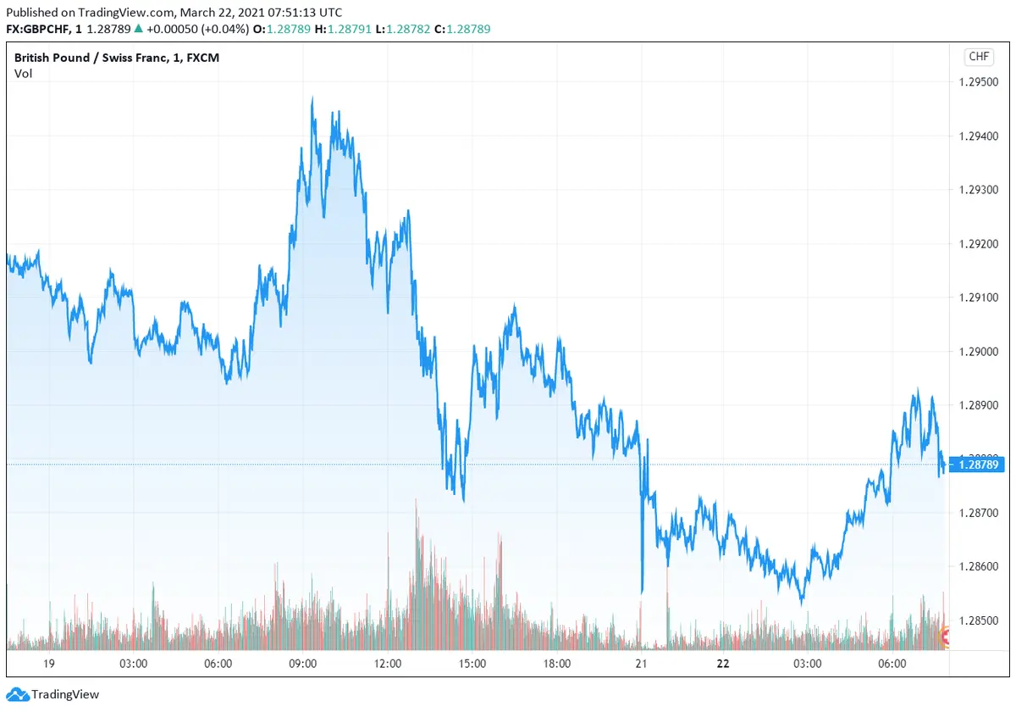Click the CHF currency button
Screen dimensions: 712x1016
pyautogui.click(x=978, y=57)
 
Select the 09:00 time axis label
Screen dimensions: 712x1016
pyautogui.click(x=303, y=664)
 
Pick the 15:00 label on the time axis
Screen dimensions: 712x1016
pyautogui.click(x=472, y=664)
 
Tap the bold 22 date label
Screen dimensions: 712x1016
pyautogui.click(x=722, y=664)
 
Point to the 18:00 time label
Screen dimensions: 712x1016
pyautogui.click(x=556, y=664)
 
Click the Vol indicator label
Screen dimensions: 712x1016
pyautogui.click(x=23, y=74)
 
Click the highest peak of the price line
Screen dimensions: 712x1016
pyautogui.click(x=312, y=98)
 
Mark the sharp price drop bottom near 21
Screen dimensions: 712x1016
pyautogui.click(x=642, y=592)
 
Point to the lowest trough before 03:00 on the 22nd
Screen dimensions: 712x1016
pyautogui.click(x=802, y=603)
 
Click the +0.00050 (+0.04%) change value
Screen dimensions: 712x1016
pyautogui.click(x=198, y=29)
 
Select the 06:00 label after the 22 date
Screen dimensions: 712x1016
pyautogui.click(x=892, y=664)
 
